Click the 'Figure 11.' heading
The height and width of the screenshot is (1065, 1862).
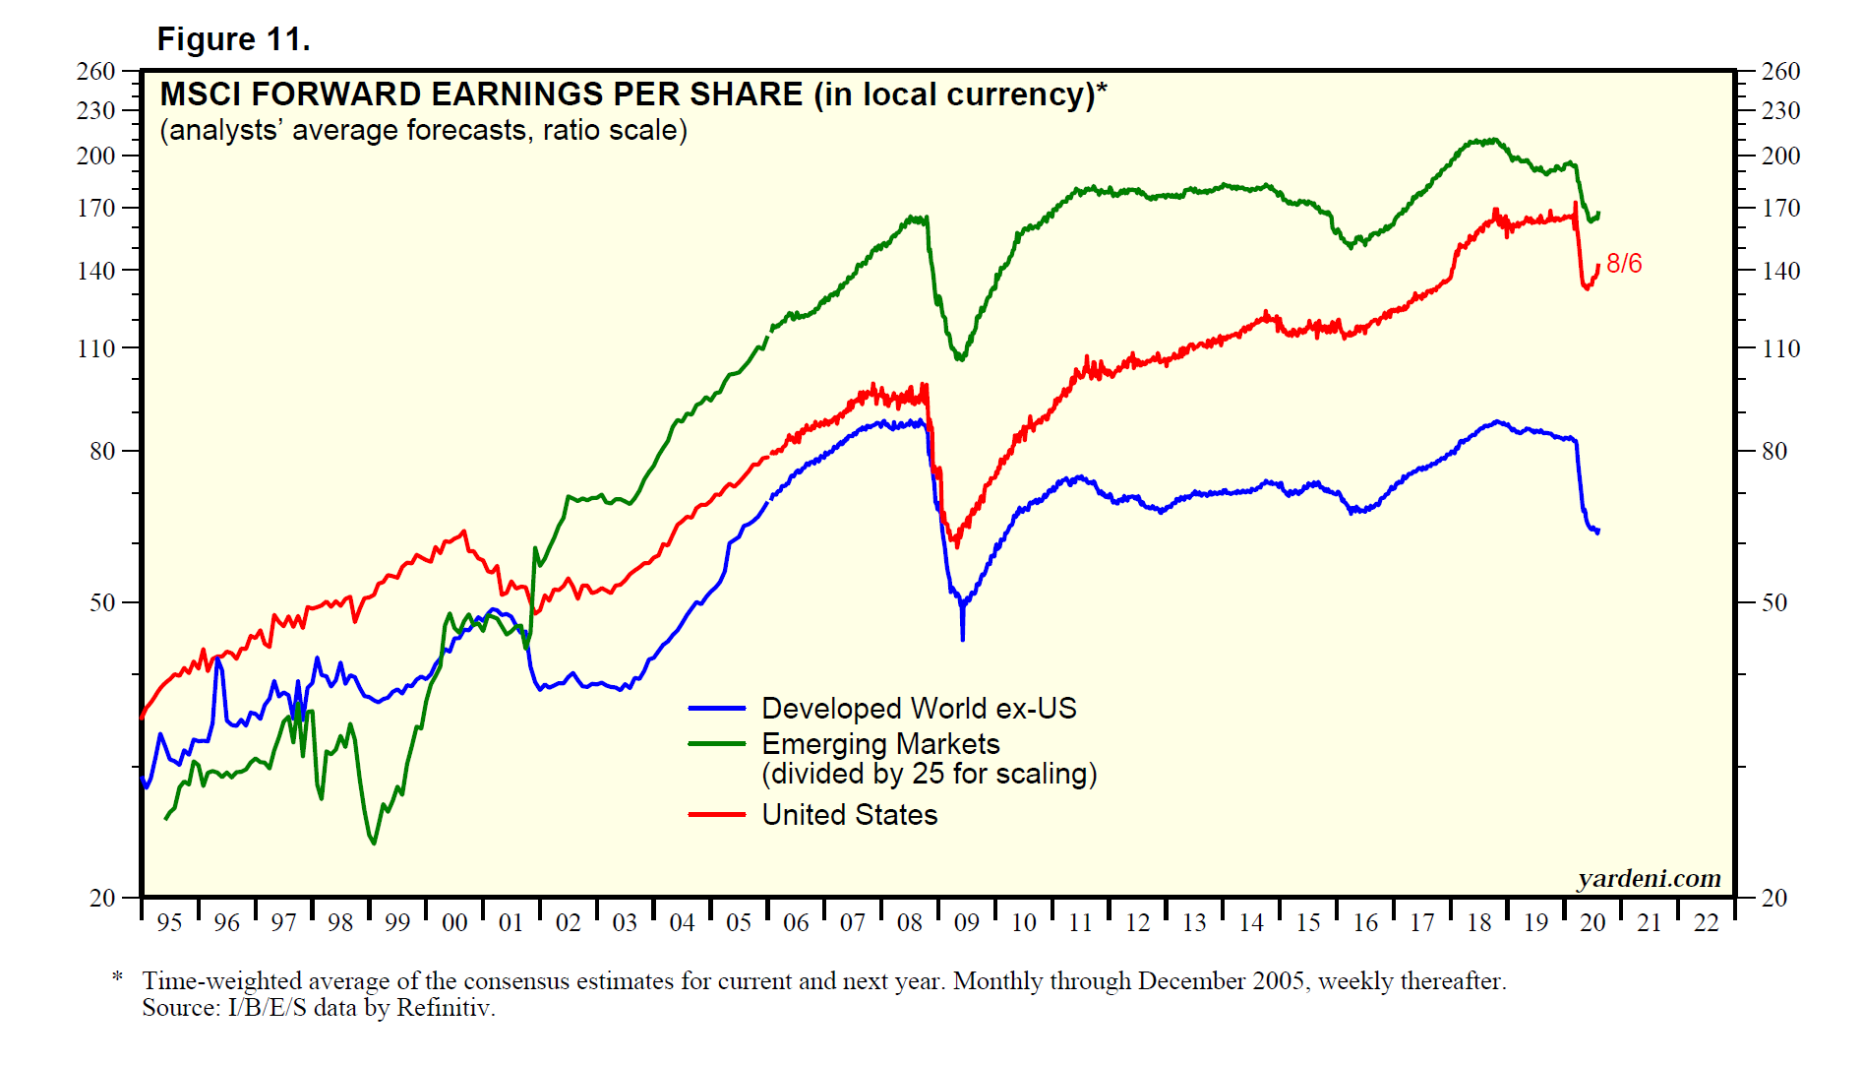tap(233, 39)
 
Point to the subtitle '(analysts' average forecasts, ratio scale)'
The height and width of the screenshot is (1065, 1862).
tap(423, 130)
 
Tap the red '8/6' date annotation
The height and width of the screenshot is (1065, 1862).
tap(1624, 264)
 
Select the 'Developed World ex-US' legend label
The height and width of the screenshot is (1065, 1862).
tap(919, 709)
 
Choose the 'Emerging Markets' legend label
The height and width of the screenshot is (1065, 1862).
tap(880, 744)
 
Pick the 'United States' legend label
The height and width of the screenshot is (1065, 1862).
tap(849, 815)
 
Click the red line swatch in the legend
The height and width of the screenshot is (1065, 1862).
tap(716, 815)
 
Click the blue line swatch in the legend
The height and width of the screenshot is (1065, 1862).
tap(716, 709)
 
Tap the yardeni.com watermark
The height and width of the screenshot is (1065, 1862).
tap(1649, 878)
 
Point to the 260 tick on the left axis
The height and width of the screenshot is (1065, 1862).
tap(95, 71)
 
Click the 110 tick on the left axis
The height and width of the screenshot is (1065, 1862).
tap(95, 348)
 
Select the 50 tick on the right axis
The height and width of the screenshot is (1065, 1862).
tap(1773, 602)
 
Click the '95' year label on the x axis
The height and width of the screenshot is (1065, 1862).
tap(169, 923)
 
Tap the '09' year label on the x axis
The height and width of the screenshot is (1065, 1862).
tap(967, 923)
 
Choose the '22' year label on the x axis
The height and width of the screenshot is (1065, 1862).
tap(1707, 923)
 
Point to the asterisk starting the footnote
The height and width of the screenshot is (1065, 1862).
tap(118, 977)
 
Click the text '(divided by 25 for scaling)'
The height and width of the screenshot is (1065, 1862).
tap(929, 775)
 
